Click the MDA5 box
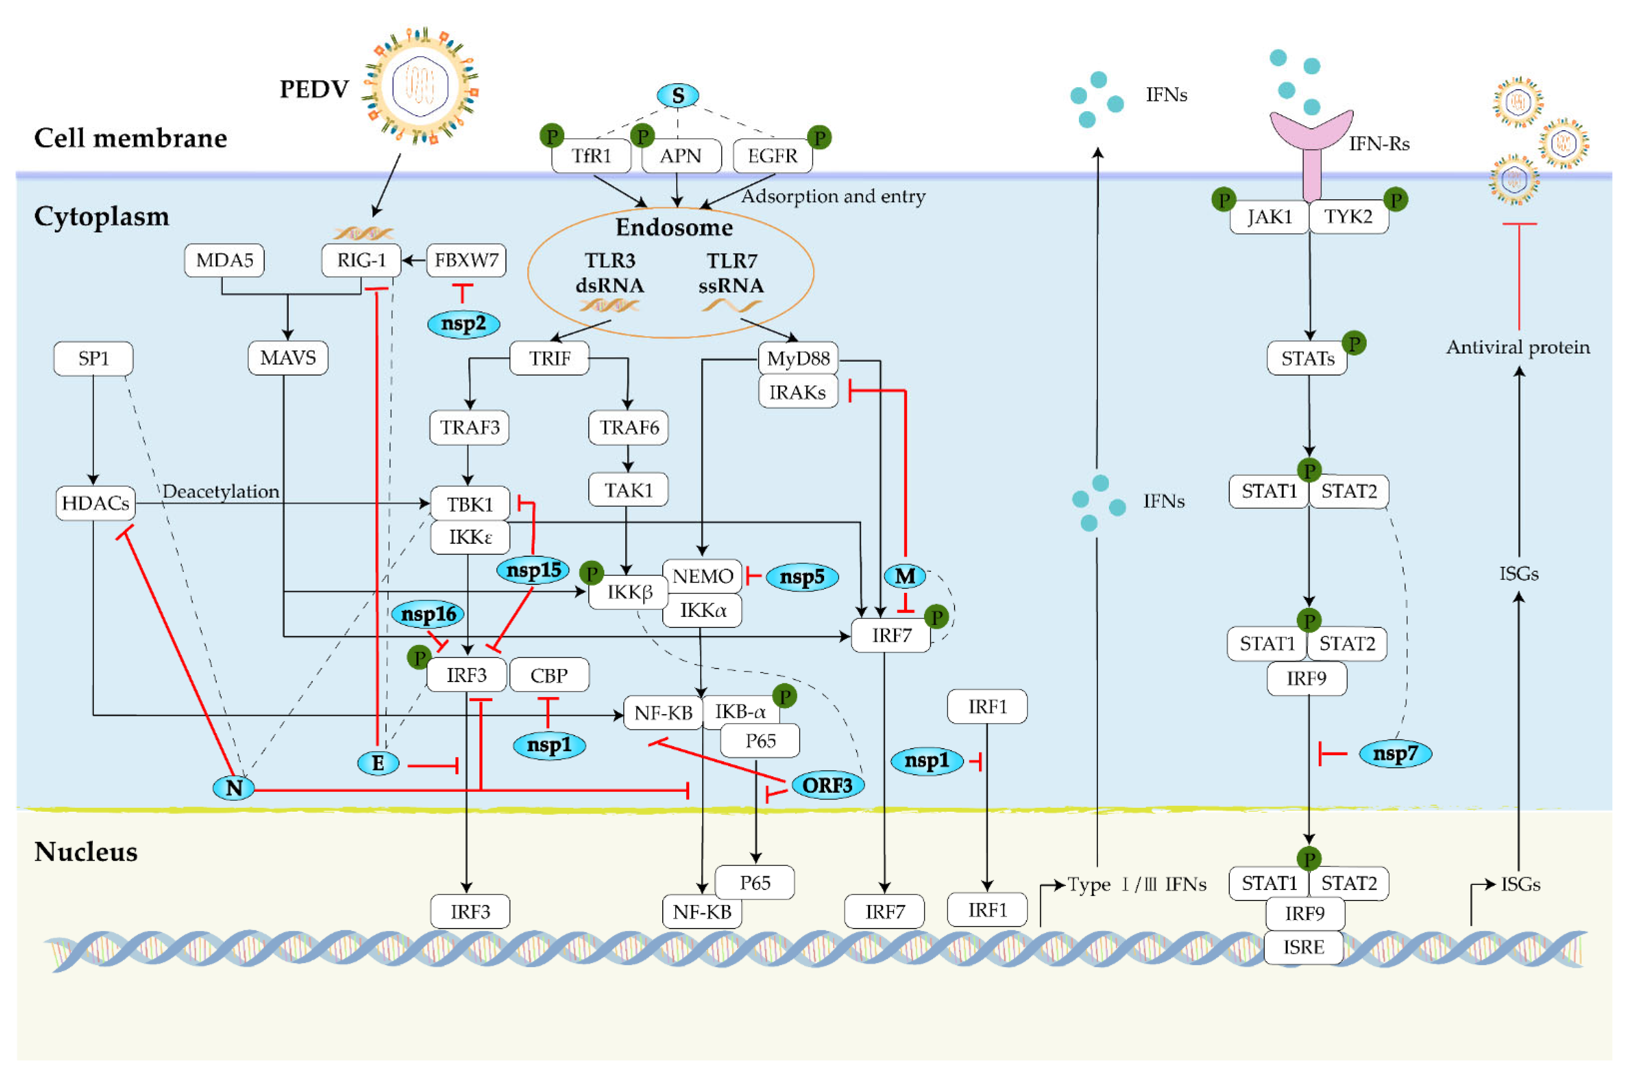click(x=224, y=261)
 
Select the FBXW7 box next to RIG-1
click(x=466, y=261)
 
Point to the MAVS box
click(x=287, y=358)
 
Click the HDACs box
click(x=95, y=503)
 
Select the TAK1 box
click(x=628, y=490)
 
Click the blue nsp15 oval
click(x=534, y=570)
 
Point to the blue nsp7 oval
click(x=1395, y=754)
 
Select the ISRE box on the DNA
click(x=1303, y=947)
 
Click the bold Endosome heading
click(x=674, y=227)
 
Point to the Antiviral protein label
click(x=1517, y=347)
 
